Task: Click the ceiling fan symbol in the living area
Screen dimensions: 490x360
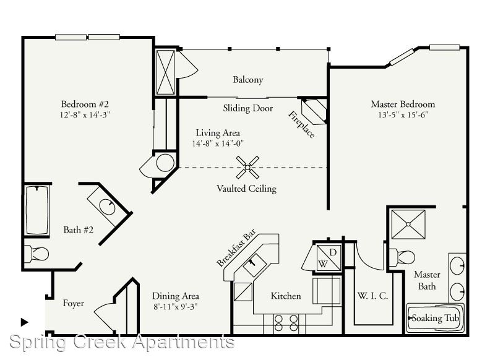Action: click(247, 168)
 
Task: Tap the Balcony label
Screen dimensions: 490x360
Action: click(248, 80)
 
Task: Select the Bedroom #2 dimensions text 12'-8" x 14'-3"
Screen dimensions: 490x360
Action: click(85, 114)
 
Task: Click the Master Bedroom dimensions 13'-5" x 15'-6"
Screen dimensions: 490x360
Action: click(403, 114)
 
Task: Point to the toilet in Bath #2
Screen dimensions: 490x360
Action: click(37, 254)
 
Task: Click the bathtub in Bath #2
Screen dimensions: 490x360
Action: click(37, 210)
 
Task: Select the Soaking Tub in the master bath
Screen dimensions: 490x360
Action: click(436, 318)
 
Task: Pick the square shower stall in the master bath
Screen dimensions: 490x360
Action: click(408, 224)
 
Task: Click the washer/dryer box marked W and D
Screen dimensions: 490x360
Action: click(328, 258)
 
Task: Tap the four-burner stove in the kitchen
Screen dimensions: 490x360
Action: click(286, 323)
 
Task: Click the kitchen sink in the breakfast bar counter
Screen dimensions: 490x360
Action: click(255, 265)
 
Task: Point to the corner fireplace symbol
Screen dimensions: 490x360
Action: click(314, 111)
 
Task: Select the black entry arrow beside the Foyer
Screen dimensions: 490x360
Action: click(24, 322)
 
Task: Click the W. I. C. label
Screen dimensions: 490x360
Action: click(373, 296)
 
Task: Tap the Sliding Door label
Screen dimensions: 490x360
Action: click(248, 108)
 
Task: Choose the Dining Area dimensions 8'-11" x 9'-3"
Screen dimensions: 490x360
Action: click(176, 307)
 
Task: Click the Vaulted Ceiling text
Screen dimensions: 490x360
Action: click(247, 189)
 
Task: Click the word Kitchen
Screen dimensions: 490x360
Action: click(286, 296)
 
